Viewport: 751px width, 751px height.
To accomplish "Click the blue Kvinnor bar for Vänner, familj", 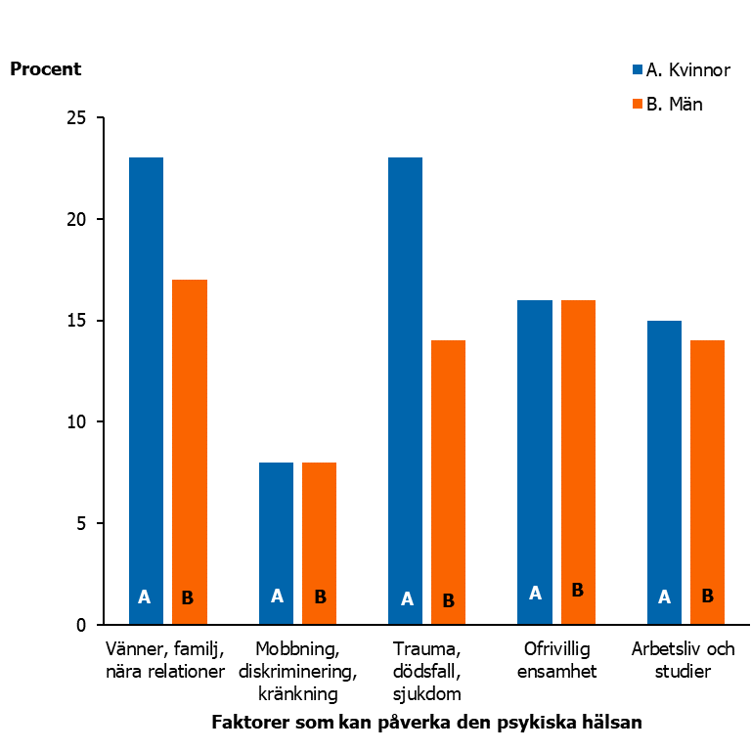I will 146,390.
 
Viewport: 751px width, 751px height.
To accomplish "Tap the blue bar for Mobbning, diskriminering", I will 276,543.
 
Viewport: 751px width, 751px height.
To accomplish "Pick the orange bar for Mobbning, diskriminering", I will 319,543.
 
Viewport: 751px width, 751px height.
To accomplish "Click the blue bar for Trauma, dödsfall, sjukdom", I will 405,390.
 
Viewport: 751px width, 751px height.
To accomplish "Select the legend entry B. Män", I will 668,104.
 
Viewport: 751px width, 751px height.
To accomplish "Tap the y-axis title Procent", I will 46,69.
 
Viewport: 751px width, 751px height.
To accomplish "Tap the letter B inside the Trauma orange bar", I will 449,600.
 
